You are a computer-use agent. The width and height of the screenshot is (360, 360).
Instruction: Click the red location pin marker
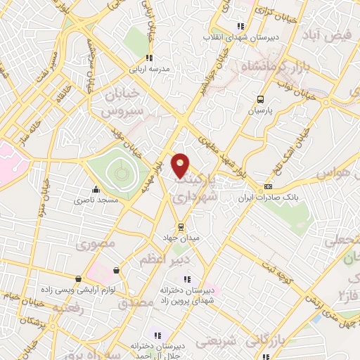pyautogui.click(x=181, y=165)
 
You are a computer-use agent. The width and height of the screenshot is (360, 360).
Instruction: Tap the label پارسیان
pyautogui.click(x=259, y=111)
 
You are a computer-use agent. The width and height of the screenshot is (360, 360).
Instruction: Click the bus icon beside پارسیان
pyautogui.click(x=260, y=99)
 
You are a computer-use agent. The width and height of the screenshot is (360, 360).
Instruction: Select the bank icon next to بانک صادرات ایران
pyautogui.click(x=267, y=186)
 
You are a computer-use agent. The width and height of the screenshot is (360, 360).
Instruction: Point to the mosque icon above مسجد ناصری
pyautogui.click(x=96, y=189)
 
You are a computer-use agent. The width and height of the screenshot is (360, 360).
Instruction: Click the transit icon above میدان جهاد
pyautogui.click(x=181, y=226)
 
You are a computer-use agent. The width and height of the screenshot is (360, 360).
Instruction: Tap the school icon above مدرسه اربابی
pyautogui.click(x=148, y=58)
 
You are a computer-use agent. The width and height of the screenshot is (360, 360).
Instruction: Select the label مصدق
pyautogui.click(x=134, y=304)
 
